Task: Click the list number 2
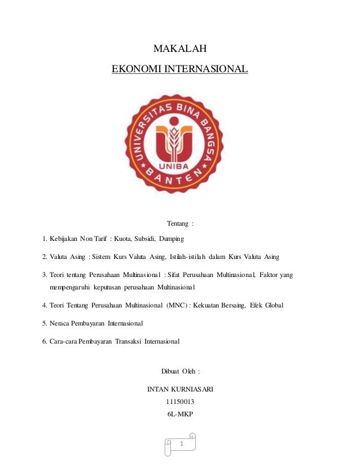[45, 257]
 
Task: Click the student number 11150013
[180, 402]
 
